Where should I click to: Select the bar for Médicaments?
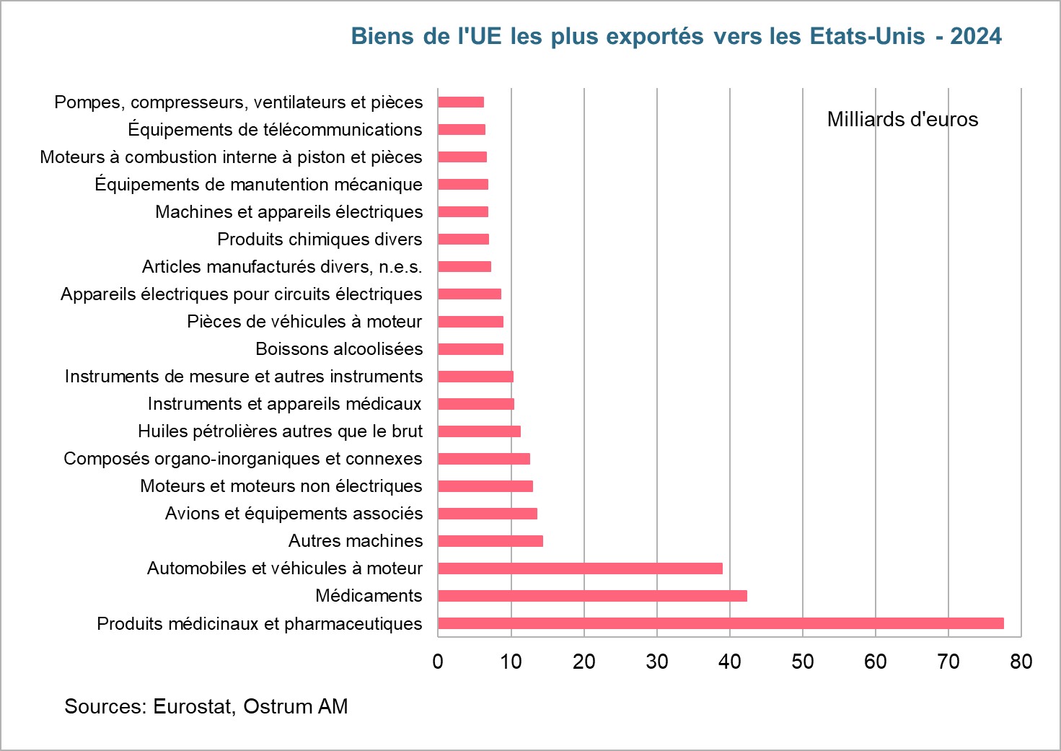(592, 596)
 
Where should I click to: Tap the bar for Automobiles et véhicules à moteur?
(580, 568)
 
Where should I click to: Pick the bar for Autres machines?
(490, 541)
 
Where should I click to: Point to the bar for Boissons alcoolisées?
(470, 349)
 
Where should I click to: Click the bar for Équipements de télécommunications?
(462, 130)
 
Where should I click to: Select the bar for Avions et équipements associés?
(488, 514)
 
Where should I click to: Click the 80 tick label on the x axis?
(1021, 662)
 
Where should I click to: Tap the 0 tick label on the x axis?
(438, 662)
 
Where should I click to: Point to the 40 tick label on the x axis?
(729, 662)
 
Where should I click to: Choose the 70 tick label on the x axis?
(948, 662)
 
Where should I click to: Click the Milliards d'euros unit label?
(902, 120)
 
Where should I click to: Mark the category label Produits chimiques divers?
(320, 240)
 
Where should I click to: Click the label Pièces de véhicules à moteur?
(304, 322)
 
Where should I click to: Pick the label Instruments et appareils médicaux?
(284, 404)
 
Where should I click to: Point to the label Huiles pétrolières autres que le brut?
(280, 431)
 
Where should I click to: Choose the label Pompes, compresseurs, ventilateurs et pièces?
(239, 102)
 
